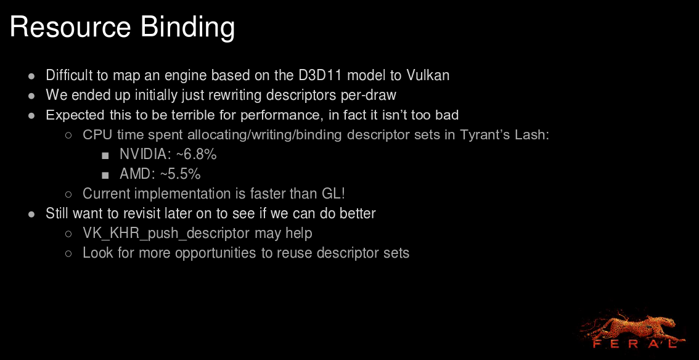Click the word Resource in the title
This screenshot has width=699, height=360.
[70, 27]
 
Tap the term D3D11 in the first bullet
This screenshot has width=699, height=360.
[320, 75]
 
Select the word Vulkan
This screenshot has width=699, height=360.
[428, 75]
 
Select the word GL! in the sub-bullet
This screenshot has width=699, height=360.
[333, 194]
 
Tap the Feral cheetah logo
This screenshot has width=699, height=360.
[632, 329]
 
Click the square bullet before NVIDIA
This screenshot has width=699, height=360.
[105, 155]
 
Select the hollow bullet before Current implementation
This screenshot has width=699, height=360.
[68, 194]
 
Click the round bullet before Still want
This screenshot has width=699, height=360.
[31, 215]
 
